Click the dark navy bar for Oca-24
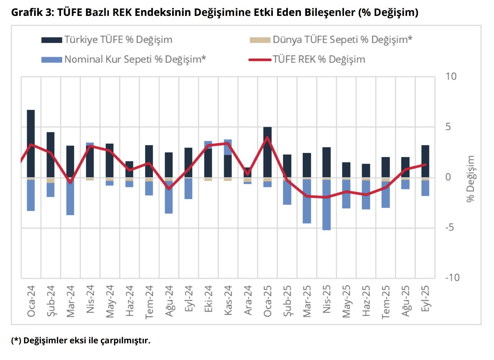point(31,144)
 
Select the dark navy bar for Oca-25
point(267,152)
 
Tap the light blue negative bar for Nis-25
point(326,205)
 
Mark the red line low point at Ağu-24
point(169,189)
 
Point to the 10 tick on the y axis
point(451,76)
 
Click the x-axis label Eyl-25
point(425,302)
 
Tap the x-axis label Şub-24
point(51,302)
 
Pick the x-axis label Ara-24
point(248,302)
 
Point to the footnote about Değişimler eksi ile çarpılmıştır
point(80,341)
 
